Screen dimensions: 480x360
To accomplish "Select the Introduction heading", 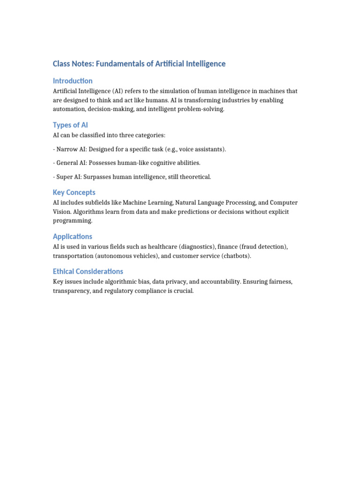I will (73, 81).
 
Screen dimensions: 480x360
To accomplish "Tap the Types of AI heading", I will (70, 125).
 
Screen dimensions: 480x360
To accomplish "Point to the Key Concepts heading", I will (74, 192).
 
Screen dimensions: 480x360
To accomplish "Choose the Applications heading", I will (73, 236).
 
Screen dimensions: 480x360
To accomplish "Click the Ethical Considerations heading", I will (88, 271).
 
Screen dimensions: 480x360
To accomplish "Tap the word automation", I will (68, 109).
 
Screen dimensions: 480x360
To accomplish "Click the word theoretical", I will (194, 177).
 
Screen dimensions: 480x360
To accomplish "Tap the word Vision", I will (61, 211).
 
